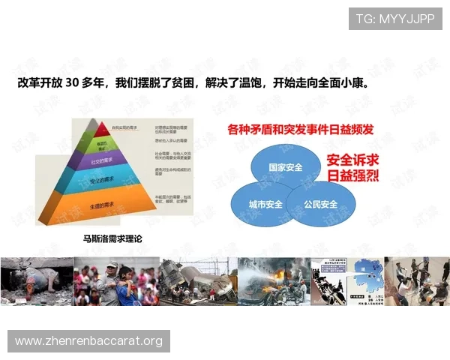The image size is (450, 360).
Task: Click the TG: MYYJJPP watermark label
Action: (x=395, y=19)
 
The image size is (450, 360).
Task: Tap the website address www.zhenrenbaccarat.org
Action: (x=89, y=342)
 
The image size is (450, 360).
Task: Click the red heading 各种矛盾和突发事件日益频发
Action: (x=300, y=130)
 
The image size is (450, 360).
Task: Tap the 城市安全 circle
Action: (x=265, y=204)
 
